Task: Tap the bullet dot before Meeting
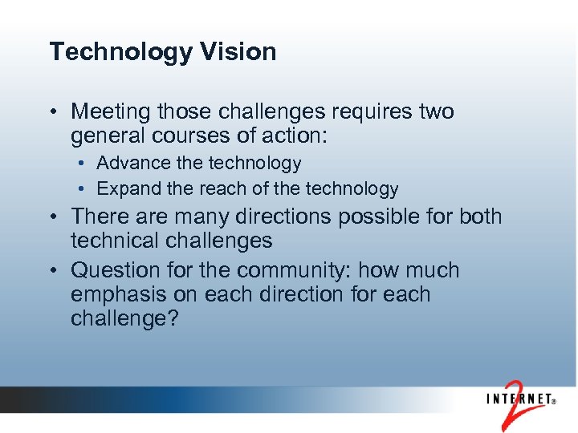pyautogui.click(x=54, y=112)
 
